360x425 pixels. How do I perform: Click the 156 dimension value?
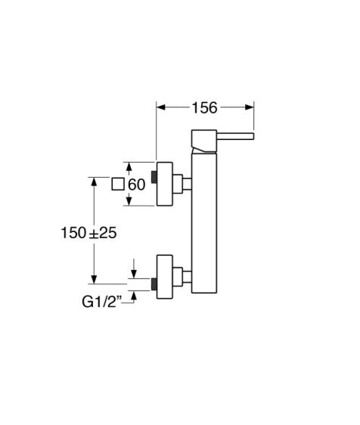point(205,107)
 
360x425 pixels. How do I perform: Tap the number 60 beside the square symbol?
point(137,185)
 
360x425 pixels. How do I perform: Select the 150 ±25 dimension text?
point(88,233)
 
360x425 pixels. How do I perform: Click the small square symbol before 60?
point(118,185)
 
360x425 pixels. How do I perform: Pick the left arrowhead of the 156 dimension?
point(161,107)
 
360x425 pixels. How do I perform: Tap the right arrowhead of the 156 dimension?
point(249,107)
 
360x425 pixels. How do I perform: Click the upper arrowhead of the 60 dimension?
point(129,166)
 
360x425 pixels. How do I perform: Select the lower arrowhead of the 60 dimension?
point(129,201)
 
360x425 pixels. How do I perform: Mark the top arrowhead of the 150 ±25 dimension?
point(94,181)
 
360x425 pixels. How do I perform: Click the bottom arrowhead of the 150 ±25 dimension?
point(94,280)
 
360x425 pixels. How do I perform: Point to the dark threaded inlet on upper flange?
point(154,177)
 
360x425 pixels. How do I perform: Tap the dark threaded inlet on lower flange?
point(154,284)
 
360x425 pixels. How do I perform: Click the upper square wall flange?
point(165,184)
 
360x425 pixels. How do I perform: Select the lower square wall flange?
point(165,277)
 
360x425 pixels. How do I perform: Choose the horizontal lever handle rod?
point(235,136)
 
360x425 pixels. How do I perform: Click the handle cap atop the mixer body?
point(204,141)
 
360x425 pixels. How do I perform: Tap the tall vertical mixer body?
point(204,223)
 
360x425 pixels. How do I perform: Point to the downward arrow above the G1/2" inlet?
point(133,268)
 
